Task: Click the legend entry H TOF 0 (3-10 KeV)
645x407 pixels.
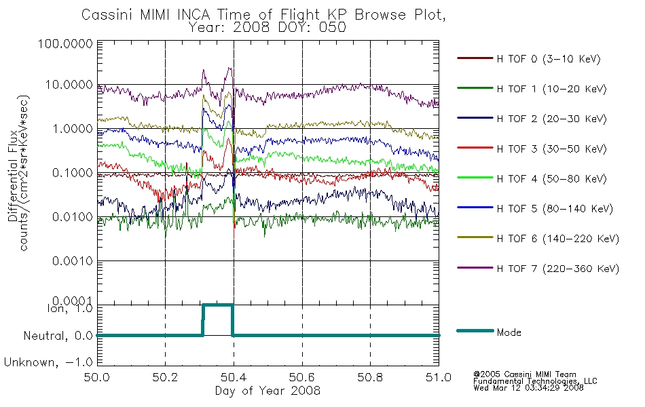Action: (x=549, y=59)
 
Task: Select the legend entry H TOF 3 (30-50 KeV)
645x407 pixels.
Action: (x=551, y=149)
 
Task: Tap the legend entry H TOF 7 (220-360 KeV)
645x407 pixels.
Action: (x=558, y=269)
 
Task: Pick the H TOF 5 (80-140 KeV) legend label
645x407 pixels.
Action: (x=555, y=209)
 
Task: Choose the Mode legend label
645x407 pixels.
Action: (x=509, y=332)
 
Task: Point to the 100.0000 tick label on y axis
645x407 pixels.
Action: (x=65, y=43)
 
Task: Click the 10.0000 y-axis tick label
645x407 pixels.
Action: (x=69, y=85)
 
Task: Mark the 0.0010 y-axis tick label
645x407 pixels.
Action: (x=73, y=261)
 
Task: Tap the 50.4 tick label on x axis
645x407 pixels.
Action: (x=234, y=377)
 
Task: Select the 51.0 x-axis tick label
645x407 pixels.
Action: (x=439, y=377)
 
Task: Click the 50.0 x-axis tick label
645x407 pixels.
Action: (x=97, y=377)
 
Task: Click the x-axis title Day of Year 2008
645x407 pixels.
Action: (x=268, y=391)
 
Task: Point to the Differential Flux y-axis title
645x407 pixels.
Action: (x=13, y=176)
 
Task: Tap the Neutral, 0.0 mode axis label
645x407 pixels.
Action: (x=58, y=336)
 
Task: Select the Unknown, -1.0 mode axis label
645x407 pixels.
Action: (x=48, y=363)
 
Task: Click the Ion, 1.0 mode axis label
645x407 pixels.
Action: (x=71, y=308)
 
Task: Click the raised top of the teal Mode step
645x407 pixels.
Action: (x=218, y=305)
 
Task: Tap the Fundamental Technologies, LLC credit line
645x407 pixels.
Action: (x=535, y=381)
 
